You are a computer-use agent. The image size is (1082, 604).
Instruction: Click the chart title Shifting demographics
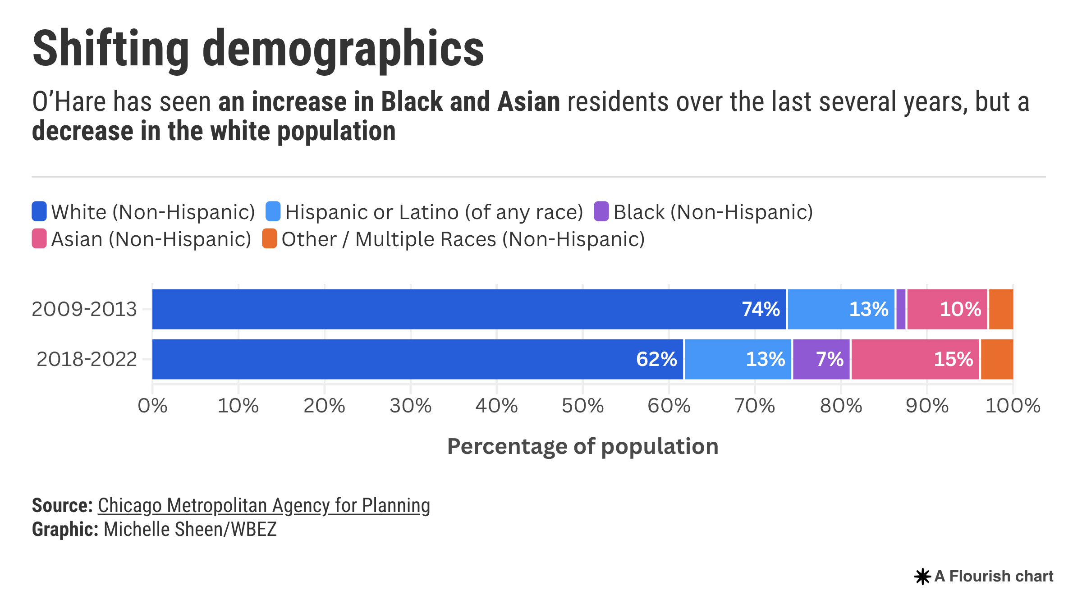258,49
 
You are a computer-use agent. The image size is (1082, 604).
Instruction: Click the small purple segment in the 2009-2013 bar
901,309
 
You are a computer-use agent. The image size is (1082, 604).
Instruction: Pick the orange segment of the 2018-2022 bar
997,359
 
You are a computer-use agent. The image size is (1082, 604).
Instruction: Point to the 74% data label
761,309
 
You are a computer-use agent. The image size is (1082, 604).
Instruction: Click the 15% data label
953,359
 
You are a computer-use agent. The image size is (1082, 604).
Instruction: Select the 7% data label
830,359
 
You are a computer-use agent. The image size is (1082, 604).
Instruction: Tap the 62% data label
656,359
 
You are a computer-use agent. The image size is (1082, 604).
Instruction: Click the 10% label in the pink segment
960,309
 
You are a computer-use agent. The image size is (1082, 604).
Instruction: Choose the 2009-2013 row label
84,309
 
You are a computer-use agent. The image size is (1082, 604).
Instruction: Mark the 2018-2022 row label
87,359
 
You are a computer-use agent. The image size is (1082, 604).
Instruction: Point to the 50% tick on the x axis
582,406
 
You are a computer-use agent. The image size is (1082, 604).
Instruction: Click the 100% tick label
1013,406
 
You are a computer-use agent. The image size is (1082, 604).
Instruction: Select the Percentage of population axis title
582,447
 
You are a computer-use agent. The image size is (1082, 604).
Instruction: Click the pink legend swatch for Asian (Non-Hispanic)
39,238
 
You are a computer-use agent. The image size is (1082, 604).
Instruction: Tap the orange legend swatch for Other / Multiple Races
269,238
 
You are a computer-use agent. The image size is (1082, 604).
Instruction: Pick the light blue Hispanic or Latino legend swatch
273,211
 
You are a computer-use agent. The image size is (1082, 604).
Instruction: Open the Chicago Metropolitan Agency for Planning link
264,506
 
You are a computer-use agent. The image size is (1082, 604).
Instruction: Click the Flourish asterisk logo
922,577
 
